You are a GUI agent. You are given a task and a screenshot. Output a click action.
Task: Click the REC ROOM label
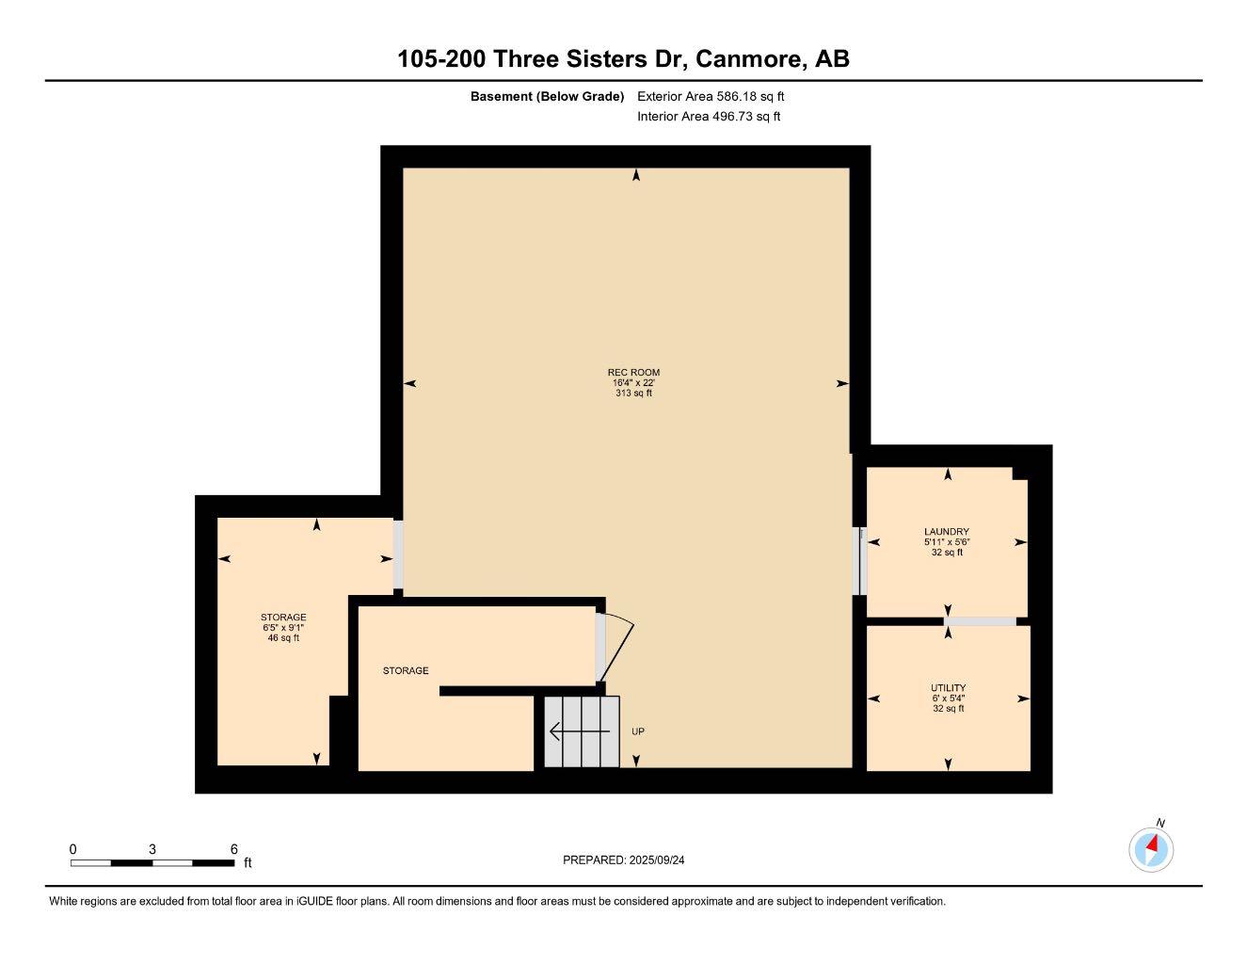(633, 373)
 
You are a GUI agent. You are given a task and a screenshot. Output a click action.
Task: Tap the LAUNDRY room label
(946, 532)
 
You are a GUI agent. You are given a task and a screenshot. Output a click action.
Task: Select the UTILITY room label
(948, 688)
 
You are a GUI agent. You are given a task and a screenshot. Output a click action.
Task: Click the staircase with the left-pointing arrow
(582, 731)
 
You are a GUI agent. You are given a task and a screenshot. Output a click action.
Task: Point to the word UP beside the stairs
(638, 731)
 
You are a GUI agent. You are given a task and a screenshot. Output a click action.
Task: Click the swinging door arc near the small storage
(616, 646)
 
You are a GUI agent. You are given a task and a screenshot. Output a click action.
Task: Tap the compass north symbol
(1151, 849)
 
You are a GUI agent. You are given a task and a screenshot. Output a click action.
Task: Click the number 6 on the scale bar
(234, 848)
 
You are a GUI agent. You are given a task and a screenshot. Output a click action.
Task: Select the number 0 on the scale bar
(73, 848)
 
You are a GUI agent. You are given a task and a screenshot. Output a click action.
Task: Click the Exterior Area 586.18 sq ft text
(711, 96)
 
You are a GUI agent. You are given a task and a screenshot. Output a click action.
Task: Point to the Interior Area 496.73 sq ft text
(709, 117)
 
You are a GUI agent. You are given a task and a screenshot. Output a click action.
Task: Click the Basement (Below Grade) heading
(547, 96)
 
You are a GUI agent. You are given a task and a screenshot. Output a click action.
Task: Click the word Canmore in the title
(750, 58)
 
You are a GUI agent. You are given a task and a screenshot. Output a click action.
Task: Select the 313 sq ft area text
(633, 394)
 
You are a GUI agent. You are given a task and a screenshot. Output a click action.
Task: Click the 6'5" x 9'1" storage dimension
(283, 628)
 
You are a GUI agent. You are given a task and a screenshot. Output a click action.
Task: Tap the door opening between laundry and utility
(980, 621)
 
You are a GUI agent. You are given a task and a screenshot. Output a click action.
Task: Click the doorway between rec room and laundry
(858, 561)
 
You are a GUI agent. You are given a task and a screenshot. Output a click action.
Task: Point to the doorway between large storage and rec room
(398, 554)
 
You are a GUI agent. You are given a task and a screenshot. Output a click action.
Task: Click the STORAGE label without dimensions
(406, 671)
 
